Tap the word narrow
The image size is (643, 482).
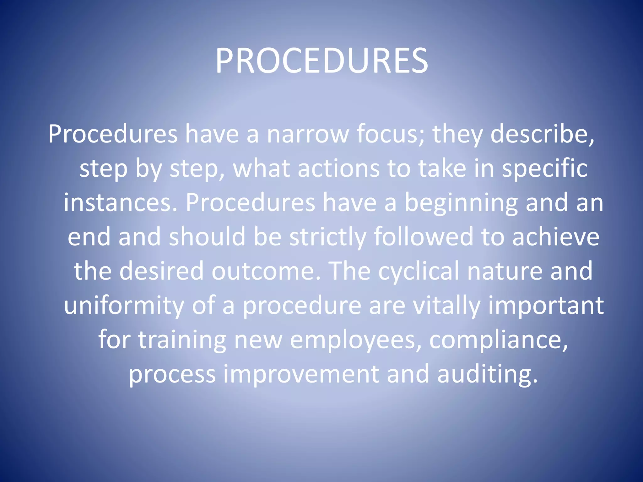(x=308, y=134)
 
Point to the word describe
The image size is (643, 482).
(x=542, y=134)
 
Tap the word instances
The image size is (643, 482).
(x=121, y=203)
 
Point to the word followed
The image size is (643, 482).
(x=423, y=237)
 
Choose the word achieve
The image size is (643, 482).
(x=556, y=237)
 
